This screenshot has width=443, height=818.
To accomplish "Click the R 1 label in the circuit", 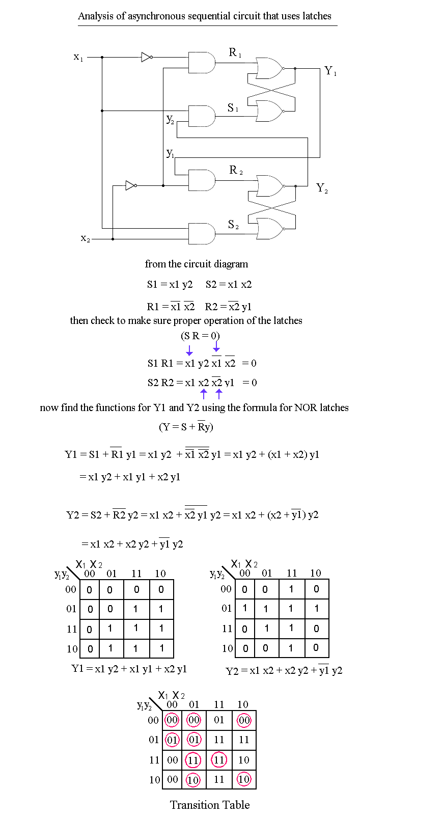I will (235, 52).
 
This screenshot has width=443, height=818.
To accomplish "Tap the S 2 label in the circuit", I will (233, 225).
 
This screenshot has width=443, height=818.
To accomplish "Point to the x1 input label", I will (78, 57).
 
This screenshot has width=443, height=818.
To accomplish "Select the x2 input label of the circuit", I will (85, 238).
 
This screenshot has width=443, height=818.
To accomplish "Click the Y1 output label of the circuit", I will (330, 71).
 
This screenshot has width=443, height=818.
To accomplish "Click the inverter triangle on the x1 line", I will (146, 57).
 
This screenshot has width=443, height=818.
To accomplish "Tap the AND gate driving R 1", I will (202, 63).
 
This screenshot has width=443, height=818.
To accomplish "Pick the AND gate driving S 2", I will (202, 234).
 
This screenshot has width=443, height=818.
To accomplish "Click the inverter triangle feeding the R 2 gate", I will (130, 185).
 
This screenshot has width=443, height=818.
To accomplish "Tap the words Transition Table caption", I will (210, 805).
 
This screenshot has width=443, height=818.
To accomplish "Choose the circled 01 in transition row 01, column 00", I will (173, 740).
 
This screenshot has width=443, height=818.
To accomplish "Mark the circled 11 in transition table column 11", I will (219, 760).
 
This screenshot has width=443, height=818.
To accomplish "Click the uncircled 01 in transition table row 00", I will (219, 720).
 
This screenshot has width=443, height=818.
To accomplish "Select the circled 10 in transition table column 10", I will (244, 779).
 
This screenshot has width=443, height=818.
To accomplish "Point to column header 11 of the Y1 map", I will (136, 574).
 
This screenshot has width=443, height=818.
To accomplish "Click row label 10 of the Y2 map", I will (227, 648).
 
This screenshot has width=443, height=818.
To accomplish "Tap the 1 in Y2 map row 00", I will (291, 589).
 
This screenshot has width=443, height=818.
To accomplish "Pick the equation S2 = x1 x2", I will (229, 284).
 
